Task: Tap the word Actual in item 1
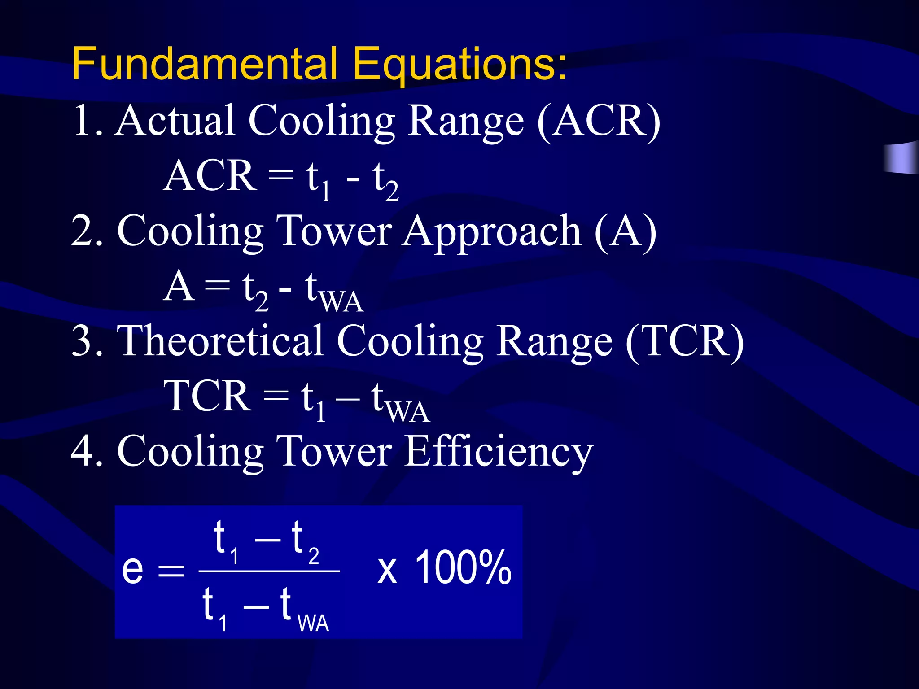pos(175,120)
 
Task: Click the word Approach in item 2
pos(492,231)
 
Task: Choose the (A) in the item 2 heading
pos(626,231)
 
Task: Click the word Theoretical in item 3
pos(220,341)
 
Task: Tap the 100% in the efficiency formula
pos(463,568)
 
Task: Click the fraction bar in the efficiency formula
pos(269,571)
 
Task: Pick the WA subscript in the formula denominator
pos(313,624)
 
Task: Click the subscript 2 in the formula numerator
pos(314,556)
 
